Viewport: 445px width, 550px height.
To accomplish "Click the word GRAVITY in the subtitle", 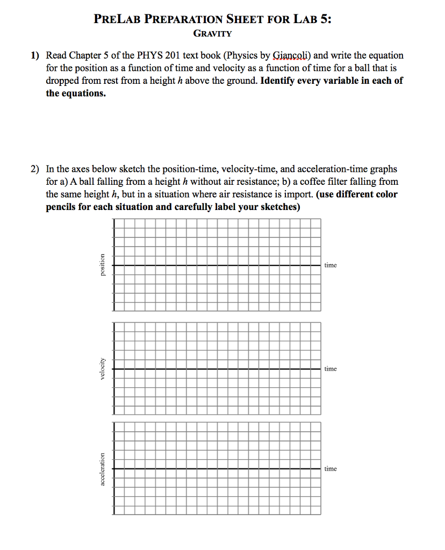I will coord(212,34).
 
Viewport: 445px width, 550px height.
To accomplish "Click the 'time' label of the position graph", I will coord(331,265).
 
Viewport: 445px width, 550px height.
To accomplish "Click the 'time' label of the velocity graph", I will coord(331,369).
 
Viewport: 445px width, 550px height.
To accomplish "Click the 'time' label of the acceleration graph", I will coord(331,469).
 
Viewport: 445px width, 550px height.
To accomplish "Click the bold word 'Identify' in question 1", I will coord(276,81).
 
